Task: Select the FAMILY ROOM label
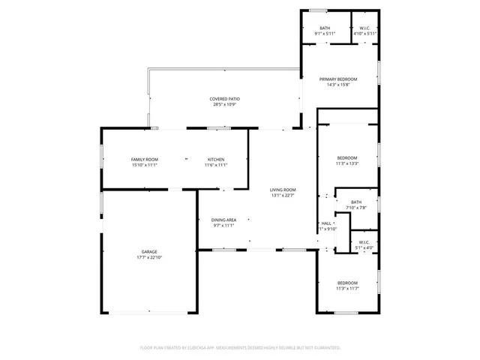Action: coord(145,160)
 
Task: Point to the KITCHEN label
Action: coord(216,160)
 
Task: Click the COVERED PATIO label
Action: coord(224,99)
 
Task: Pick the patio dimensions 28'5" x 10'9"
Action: coord(224,104)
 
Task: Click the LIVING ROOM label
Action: coord(283,190)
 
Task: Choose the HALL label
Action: coord(326,223)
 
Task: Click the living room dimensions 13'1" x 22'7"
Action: coord(283,195)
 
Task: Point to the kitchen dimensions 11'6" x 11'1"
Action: coord(216,165)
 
